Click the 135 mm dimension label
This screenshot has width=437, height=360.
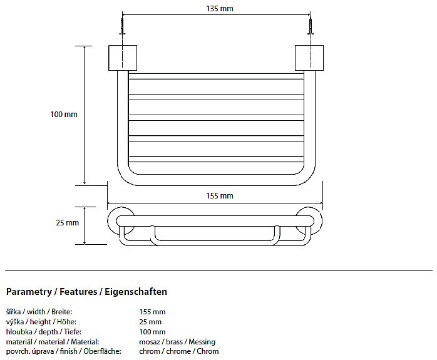(220, 9)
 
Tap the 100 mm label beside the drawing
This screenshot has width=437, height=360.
(64, 114)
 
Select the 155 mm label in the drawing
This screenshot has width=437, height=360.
(220, 195)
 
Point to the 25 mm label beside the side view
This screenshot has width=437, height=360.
(67, 223)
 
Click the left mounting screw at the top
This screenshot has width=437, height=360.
(122, 26)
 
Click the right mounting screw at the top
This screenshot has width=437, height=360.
(311, 26)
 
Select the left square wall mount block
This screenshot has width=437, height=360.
(123, 58)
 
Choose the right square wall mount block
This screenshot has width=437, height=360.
(309, 58)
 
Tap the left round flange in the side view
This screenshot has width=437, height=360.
(111, 220)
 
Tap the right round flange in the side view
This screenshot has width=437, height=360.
(319, 220)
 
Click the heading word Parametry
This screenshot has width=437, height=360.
(29, 292)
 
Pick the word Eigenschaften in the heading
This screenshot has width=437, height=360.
(136, 292)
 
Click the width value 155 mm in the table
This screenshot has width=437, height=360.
(152, 312)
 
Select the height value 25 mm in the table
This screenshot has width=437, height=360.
(150, 322)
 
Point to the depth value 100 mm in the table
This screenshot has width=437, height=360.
(152, 332)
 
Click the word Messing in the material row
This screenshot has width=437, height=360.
(202, 342)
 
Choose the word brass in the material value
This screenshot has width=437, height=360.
(174, 342)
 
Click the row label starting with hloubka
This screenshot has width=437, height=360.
(43, 332)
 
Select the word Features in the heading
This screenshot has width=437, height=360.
(78, 292)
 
